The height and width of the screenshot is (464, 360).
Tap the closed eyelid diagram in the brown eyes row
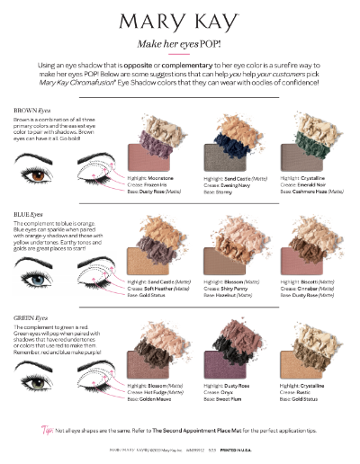click(88, 168)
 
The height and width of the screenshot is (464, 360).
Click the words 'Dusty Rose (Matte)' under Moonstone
click(157, 191)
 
